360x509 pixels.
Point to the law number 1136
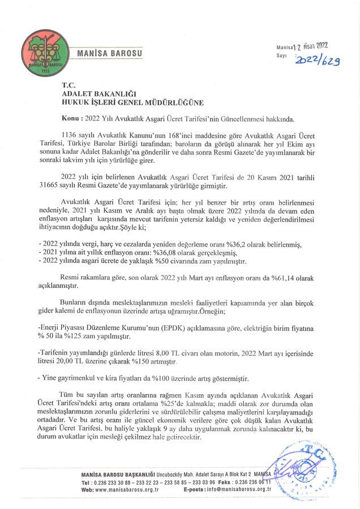[x=69, y=137]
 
